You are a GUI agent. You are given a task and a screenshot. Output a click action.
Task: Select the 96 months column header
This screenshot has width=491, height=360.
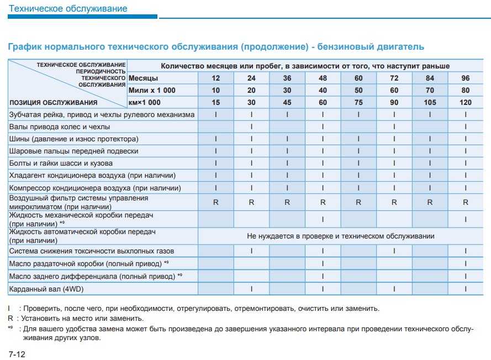coord(466,78)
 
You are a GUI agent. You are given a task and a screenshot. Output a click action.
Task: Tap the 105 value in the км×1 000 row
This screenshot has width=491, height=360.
coord(430,102)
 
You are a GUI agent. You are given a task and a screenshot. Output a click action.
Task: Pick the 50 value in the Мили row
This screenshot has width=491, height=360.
coord(358,90)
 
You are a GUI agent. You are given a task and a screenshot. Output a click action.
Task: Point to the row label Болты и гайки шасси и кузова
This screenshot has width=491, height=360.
coord(61,163)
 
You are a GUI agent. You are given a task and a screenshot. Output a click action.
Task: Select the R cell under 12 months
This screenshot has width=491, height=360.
coord(216,203)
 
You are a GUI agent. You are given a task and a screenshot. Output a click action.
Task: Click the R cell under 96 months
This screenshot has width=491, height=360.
coord(466,203)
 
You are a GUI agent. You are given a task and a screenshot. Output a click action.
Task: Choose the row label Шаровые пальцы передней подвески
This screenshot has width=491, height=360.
coord(73,151)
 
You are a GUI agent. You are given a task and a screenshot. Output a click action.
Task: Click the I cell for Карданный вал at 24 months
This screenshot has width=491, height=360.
coord(251,288)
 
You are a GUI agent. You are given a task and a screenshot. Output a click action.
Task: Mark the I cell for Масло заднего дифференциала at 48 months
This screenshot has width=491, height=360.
coord(323,276)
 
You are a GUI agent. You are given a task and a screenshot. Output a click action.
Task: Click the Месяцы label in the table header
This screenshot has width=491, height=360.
coord(143,78)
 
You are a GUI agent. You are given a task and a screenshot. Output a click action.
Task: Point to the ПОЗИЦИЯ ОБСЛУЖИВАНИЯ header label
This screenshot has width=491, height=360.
coord(54,102)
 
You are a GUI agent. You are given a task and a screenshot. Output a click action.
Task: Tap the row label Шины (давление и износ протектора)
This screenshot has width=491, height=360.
coord(73,139)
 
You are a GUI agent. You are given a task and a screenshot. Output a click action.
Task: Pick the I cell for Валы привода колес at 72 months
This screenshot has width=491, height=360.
coord(394,126)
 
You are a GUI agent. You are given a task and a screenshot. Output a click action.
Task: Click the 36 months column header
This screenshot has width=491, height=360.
coord(287,78)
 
